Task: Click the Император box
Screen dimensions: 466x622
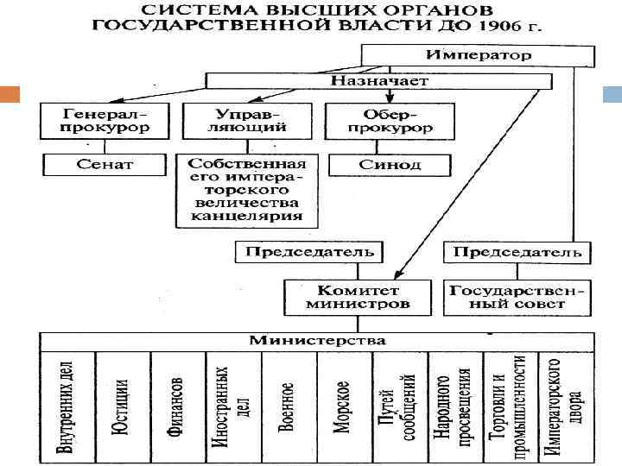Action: point(478,55)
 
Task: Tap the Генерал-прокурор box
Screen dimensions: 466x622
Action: point(105,121)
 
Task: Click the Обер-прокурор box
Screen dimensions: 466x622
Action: point(389,121)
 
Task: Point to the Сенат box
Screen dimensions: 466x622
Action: point(105,164)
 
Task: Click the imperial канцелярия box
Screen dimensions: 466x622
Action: point(247,191)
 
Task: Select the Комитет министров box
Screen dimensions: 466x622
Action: point(358,297)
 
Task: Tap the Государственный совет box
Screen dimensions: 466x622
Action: point(517,297)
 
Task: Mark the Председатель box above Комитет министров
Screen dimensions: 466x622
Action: point(309,252)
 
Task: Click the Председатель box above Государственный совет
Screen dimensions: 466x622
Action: point(517,252)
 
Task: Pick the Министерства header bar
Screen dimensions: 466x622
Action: point(317,341)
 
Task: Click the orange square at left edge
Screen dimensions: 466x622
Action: point(11,92)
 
